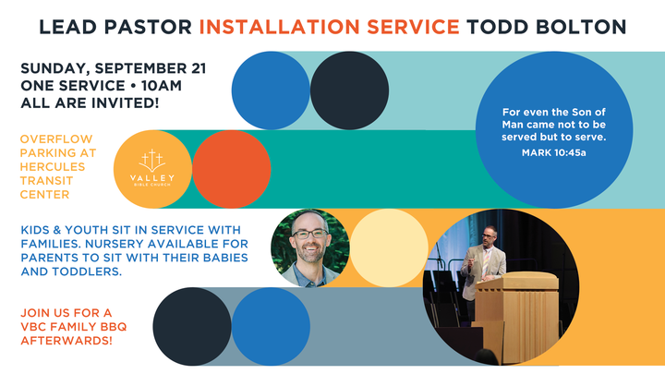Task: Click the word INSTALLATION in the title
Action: pos(280,27)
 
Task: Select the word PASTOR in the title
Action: pos(148,27)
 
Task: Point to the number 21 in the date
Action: pos(199,68)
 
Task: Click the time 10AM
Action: pos(162,86)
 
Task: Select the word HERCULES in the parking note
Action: pos(53,166)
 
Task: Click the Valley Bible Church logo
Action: pos(152,168)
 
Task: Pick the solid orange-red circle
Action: pos(232,169)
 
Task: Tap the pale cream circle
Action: pos(389,248)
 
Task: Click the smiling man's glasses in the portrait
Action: pos(309,234)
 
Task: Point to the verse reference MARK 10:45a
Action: pos(554,152)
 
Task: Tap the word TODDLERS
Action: pos(87,271)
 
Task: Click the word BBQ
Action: pos(114,327)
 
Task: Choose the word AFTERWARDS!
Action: pos(66,341)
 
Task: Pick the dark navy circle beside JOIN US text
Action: pos(192,327)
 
